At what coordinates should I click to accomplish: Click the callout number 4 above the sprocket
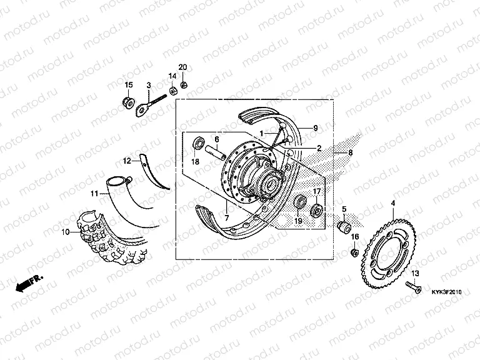[x=392, y=204]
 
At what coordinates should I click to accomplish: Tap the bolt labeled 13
[x=412, y=287]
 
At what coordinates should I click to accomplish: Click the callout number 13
[x=415, y=274]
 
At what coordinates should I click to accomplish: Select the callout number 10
[x=65, y=232]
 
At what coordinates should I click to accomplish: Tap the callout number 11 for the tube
[x=94, y=194]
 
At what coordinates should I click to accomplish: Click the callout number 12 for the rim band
[x=126, y=161]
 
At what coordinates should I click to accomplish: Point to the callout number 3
[x=149, y=85]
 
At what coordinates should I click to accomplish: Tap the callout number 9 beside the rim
[x=316, y=127]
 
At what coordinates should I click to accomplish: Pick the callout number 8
[x=351, y=152]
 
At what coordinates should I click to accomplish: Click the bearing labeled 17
[x=317, y=208]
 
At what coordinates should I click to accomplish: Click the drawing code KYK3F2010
[x=446, y=291]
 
